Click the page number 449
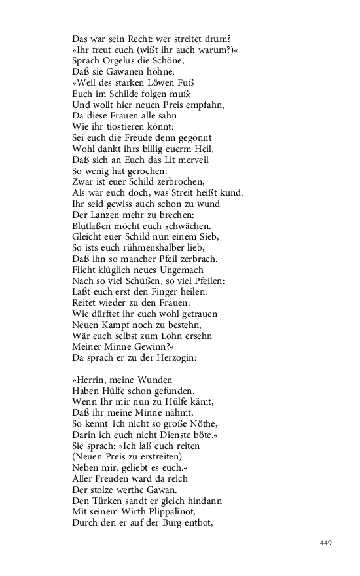pos(327,543)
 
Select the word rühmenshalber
pos(154,249)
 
